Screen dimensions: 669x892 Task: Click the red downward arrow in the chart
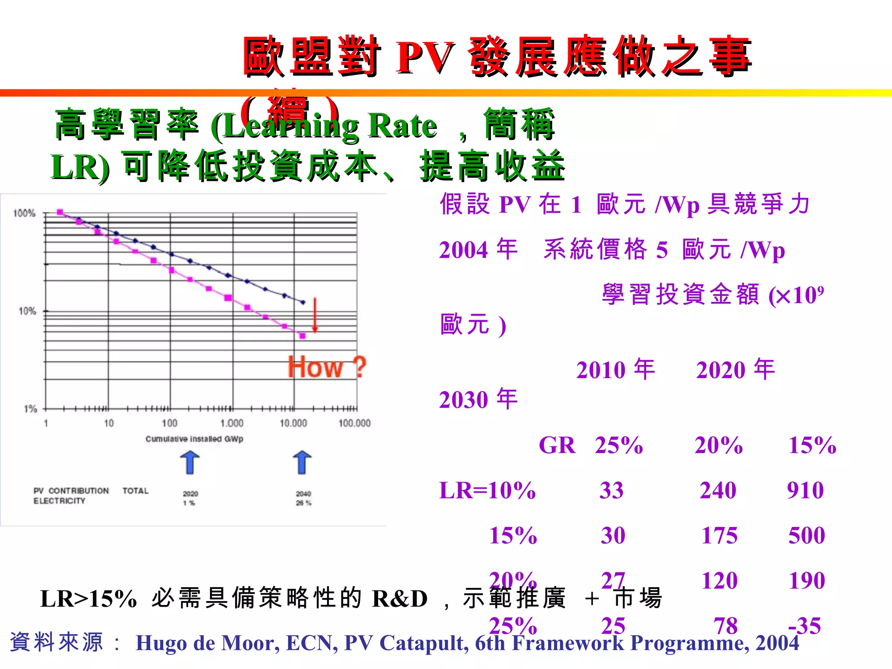(315, 315)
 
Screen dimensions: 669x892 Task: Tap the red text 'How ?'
(327, 367)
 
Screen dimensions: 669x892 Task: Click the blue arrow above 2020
(190, 463)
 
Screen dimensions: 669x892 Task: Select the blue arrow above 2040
(302, 463)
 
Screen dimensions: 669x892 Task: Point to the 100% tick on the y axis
(24, 213)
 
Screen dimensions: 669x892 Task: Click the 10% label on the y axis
(27, 311)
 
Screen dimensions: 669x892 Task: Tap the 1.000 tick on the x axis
(232, 423)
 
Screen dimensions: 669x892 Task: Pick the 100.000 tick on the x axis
(355, 423)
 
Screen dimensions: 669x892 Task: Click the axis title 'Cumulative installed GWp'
(194, 439)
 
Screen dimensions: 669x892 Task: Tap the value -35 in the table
(804, 625)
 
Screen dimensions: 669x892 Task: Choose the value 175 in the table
(720, 535)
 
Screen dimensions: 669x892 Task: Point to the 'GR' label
(557, 445)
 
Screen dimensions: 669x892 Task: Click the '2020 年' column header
(736, 370)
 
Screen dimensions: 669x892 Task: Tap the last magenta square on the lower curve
(303, 336)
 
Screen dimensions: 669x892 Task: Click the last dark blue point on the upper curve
(303, 302)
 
